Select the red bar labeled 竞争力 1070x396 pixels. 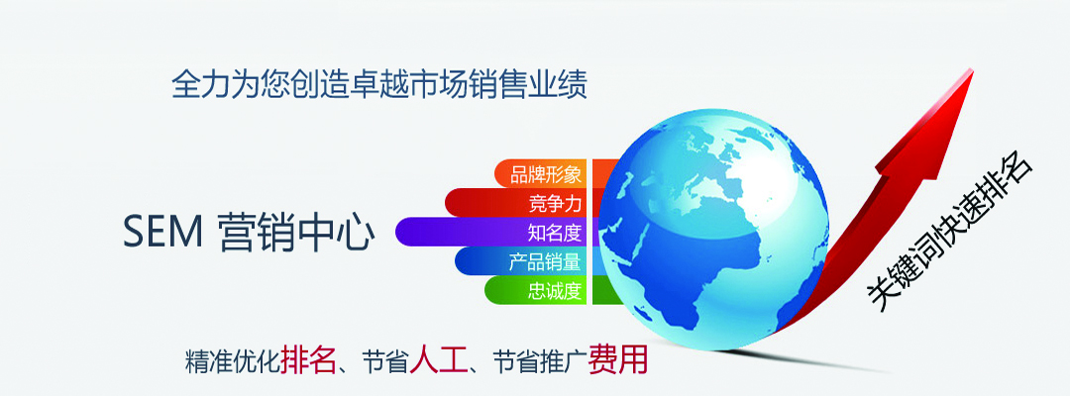[525, 202]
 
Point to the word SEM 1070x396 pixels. [162, 232]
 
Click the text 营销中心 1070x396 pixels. [297, 232]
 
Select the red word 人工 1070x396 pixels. [438, 358]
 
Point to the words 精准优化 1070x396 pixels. [232, 361]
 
